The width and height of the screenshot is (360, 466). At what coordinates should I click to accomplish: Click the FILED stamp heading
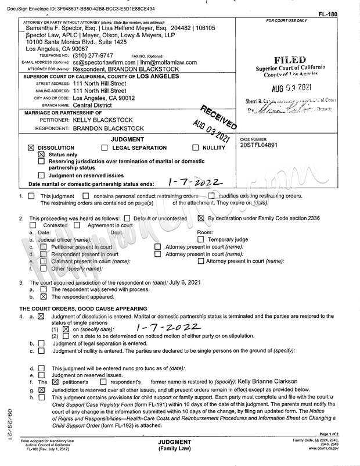click(291, 60)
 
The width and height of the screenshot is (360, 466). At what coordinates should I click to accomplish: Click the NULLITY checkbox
click(195, 148)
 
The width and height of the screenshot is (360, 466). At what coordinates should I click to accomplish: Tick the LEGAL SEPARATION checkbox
click(105, 148)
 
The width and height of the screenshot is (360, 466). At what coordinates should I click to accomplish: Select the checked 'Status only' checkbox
click(41, 155)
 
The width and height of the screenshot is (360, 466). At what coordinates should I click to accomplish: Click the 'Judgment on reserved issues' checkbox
click(41, 175)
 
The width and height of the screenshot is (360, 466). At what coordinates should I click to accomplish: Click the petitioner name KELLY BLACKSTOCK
click(99, 119)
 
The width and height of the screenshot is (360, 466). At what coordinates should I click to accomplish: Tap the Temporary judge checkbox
click(201, 239)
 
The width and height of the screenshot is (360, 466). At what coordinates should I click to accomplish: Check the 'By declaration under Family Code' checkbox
click(201, 218)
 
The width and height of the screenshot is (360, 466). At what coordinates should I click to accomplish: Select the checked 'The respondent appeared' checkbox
click(43, 296)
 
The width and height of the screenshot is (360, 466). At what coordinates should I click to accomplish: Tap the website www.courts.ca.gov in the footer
click(324, 449)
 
